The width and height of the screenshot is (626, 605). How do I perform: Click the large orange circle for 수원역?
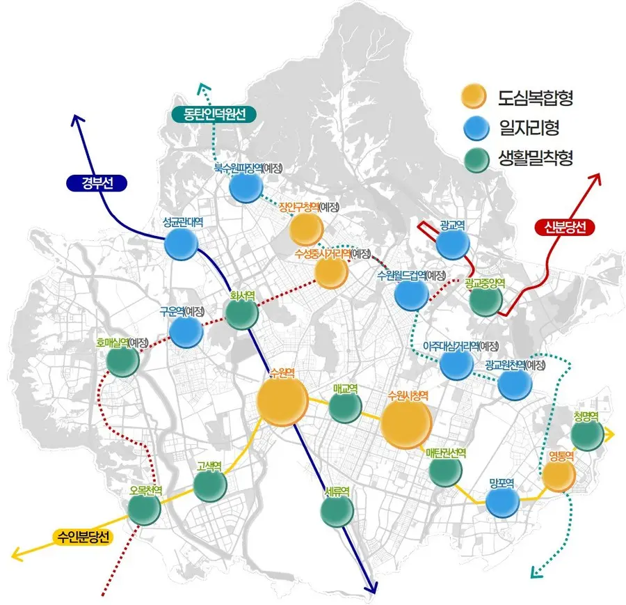[282, 401]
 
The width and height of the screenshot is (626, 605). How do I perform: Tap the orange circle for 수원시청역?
[406, 423]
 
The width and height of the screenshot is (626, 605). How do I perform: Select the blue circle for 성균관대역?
[182, 244]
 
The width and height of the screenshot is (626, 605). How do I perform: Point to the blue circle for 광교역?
[453, 244]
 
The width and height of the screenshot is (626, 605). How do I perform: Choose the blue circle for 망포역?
[503, 501]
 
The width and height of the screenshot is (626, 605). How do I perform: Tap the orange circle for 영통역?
[559, 475]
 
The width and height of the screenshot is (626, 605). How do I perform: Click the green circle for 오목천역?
[145, 508]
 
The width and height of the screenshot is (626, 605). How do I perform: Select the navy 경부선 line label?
[97, 183]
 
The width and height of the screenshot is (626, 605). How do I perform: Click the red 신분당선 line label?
[565, 227]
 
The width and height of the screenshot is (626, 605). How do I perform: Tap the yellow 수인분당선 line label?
[83, 537]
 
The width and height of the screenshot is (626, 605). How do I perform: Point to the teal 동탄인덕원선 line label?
[214, 115]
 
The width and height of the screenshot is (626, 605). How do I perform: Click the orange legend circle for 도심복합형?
[474, 96]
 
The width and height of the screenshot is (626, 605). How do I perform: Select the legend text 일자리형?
[529, 127]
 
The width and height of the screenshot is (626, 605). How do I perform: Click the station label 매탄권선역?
[446, 453]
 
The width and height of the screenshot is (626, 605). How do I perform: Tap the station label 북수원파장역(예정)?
[248, 168]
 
